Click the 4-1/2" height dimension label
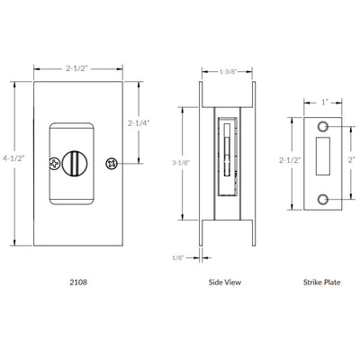pos(13,157)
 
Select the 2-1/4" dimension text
pos(139,123)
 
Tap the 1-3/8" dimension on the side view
pos(227,72)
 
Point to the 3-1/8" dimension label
pos(181,163)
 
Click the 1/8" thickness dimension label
pos(178,257)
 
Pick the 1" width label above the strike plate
pos(323,103)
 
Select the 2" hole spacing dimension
pos(351,160)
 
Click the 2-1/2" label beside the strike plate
pos(290,160)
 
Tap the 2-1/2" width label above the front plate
pos(76,68)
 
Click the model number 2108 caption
pos(78,282)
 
